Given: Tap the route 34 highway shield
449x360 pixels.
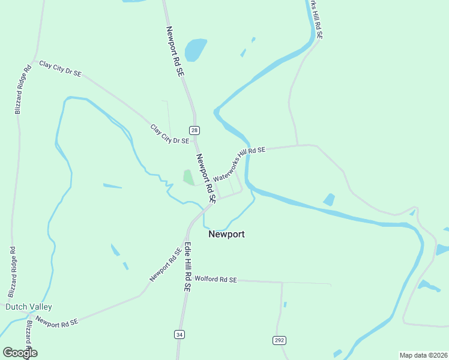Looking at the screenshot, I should pyautogui.click(x=179, y=334).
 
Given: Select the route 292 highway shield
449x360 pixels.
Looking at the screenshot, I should pyautogui.click(x=279, y=341).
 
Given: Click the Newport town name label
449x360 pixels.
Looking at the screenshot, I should pyautogui.click(x=226, y=235).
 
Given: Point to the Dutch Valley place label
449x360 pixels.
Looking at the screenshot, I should pyautogui.click(x=29, y=307).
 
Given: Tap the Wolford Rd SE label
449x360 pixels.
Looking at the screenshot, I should pyautogui.click(x=215, y=280).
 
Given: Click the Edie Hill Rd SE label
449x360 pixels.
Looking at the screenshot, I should pyautogui.click(x=187, y=266).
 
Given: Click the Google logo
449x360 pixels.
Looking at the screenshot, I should pyautogui.click(x=20, y=353).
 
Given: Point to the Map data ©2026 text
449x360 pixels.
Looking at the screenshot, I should pyautogui.click(x=423, y=355).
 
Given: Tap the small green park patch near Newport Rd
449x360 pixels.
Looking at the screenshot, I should pyautogui.click(x=188, y=177).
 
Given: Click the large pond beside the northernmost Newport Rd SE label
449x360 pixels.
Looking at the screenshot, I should pyautogui.click(x=195, y=50).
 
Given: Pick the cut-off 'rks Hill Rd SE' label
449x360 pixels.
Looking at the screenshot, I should pyautogui.click(x=317, y=19).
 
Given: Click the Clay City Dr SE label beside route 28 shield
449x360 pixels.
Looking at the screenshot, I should pyautogui.click(x=170, y=134).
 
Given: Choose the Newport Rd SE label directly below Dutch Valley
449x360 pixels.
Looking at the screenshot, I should pyautogui.click(x=57, y=321).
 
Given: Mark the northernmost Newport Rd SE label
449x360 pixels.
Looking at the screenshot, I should pyautogui.click(x=175, y=50).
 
